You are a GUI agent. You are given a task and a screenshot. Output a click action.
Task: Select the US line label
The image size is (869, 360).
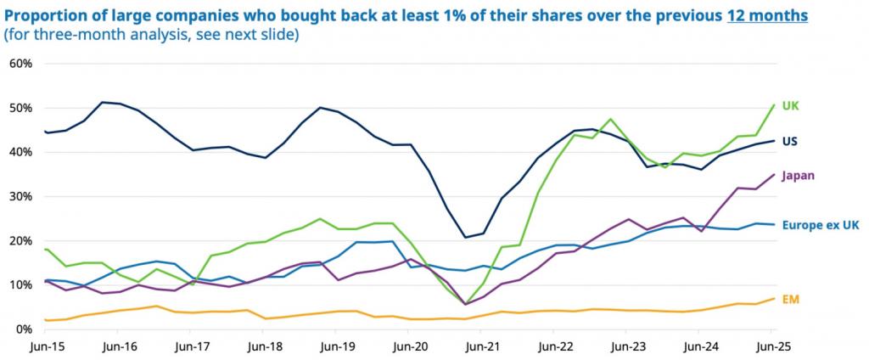coord(789,141)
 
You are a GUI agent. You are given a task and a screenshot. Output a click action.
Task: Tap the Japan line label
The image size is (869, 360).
coord(798,176)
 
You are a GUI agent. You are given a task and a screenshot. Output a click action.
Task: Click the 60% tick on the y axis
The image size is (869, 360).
coord(20,64)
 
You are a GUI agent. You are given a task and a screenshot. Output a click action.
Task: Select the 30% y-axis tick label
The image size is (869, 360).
coord(20,196)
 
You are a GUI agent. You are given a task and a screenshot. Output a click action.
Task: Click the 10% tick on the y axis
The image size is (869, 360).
coord(20,284)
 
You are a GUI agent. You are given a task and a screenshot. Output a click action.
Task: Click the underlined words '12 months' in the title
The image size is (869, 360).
coord(767,16)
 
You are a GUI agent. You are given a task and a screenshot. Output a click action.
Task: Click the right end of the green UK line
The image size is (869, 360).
coord(774,105)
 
